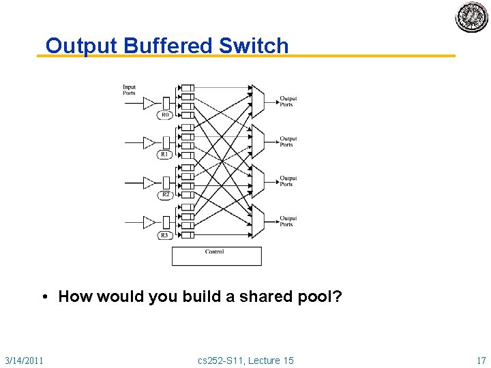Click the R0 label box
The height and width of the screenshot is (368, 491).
[164, 115]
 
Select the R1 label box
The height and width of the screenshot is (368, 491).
[164, 155]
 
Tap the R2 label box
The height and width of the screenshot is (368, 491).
[164, 195]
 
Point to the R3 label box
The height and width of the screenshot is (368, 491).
[164, 235]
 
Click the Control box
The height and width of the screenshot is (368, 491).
[216, 256]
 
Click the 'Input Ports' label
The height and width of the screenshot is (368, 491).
[130, 90]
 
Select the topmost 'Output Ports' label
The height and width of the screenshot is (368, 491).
[288, 102]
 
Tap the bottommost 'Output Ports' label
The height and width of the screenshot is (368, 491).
[288, 221]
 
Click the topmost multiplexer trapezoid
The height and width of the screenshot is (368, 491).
[258, 99]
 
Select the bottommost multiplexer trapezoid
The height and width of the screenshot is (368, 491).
[258, 219]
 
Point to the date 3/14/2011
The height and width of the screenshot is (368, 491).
[24, 360]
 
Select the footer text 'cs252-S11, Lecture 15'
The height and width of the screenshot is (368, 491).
[245, 360]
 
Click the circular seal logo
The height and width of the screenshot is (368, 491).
[472, 17]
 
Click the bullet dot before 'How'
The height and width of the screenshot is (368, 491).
[44, 296]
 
